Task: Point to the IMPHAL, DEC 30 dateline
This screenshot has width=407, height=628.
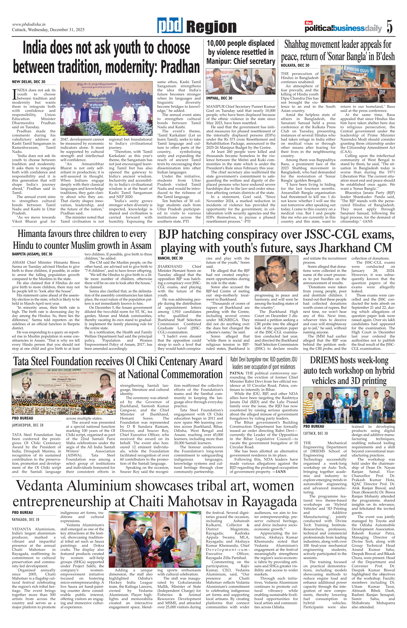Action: (x=219, y=98)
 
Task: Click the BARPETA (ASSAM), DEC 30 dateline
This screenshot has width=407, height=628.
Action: (x=32, y=254)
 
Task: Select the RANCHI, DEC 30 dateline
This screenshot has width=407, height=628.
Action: (x=170, y=258)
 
